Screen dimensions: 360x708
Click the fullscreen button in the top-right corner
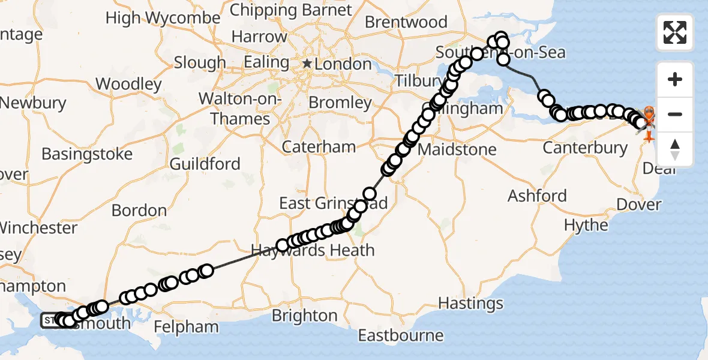click(675, 32)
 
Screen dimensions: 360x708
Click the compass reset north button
click(675, 149)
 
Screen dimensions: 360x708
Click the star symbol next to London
click(307, 64)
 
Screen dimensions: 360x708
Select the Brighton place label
click(304, 315)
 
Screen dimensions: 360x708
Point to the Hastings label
click(471, 303)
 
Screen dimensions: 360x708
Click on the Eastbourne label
click(401, 335)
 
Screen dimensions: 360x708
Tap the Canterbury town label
click(585, 147)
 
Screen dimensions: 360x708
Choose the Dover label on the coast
click(638, 204)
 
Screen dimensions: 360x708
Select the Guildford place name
click(205, 164)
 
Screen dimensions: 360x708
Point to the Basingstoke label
click(87, 154)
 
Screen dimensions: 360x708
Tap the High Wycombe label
click(163, 18)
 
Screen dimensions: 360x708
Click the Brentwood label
click(406, 22)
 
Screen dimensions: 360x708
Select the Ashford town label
click(537, 196)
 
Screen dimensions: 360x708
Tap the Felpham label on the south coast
click(186, 327)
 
